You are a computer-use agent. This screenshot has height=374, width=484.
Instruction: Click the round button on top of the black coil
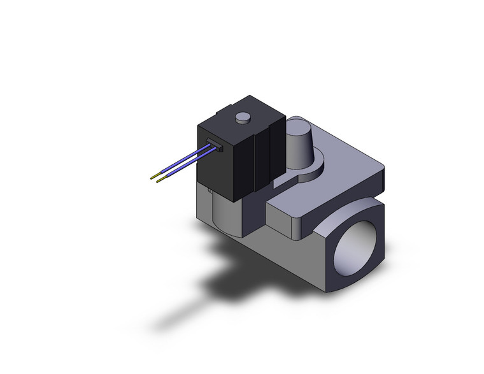(243, 118)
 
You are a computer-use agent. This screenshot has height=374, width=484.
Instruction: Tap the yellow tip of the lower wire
(160, 180)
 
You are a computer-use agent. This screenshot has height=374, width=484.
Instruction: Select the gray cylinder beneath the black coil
(223, 213)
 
